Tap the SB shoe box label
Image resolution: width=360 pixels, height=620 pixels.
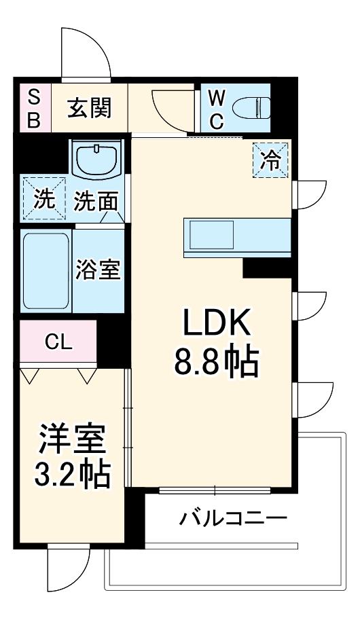(34, 109)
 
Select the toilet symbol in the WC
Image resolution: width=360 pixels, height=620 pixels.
(251, 108)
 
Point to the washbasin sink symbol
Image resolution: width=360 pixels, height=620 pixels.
(98, 160)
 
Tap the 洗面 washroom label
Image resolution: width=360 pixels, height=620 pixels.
(96, 200)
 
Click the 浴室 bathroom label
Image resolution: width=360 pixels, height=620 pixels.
(98, 270)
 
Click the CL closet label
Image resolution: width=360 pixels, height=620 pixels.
(58, 342)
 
